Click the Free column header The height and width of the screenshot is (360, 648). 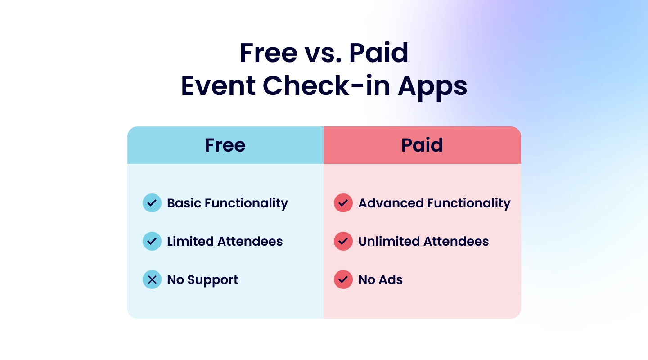(x=225, y=145)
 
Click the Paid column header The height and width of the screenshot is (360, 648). (x=422, y=145)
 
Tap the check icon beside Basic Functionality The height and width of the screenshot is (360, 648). (x=152, y=203)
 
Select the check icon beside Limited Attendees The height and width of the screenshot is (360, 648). (x=152, y=241)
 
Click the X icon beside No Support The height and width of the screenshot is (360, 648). (x=152, y=279)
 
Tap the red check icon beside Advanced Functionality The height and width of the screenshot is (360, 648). (x=343, y=203)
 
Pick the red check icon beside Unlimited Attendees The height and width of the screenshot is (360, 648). (x=343, y=241)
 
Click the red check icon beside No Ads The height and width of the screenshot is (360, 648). (x=343, y=279)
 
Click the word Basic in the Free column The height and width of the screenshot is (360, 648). (x=184, y=203)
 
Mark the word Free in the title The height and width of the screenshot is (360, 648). (x=268, y=53)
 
